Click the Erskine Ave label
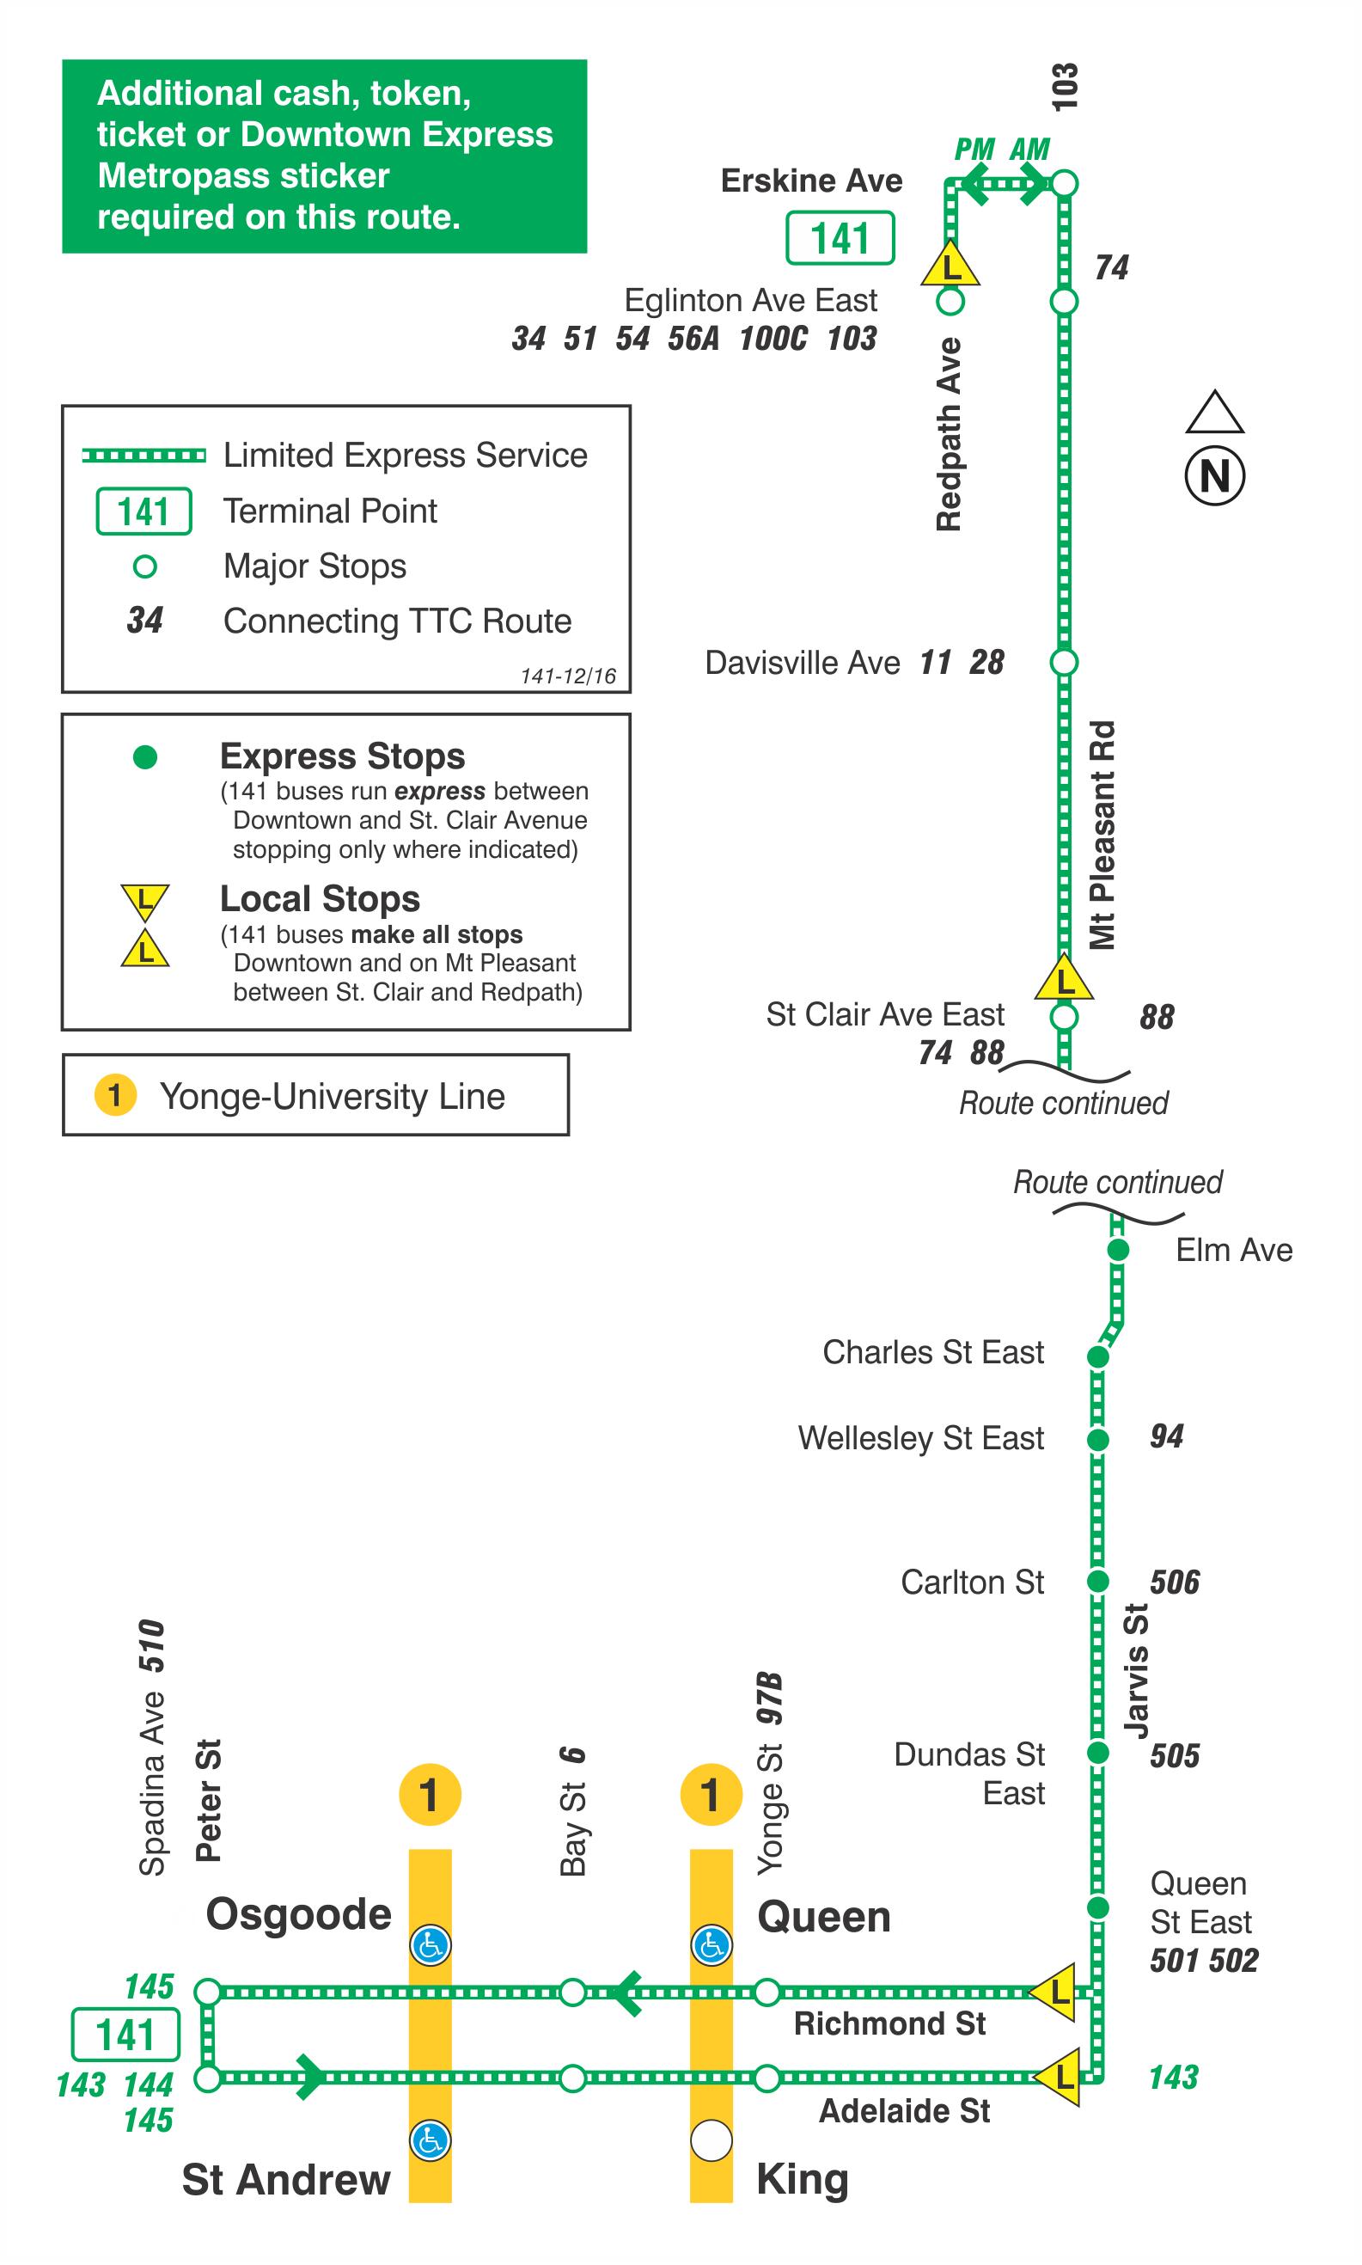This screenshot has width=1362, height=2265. point(810,181)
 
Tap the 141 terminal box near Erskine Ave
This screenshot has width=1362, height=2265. point(839,238)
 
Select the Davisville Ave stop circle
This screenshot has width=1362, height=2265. point(1063,661)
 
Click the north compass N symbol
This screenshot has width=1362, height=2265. point(1213,475)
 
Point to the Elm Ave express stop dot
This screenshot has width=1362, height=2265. point(1117,1250)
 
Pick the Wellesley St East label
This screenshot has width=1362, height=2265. point(919,1438)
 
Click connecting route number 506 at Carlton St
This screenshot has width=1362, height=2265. point(1174,1582)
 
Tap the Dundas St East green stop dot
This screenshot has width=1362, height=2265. point(1096,1753)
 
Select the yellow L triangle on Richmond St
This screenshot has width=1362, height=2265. point(1056,1993)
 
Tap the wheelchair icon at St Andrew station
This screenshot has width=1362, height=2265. point(430,2140)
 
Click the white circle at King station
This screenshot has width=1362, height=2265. point(711,2140)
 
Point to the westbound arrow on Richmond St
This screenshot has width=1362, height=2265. point(626,1993)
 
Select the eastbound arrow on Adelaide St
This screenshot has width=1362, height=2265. point(310,2077)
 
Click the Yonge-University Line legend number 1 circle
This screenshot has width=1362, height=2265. point(115,1095)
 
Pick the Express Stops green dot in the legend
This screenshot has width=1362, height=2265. point(145,756)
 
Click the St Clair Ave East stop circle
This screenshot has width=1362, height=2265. point(1063,1016)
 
